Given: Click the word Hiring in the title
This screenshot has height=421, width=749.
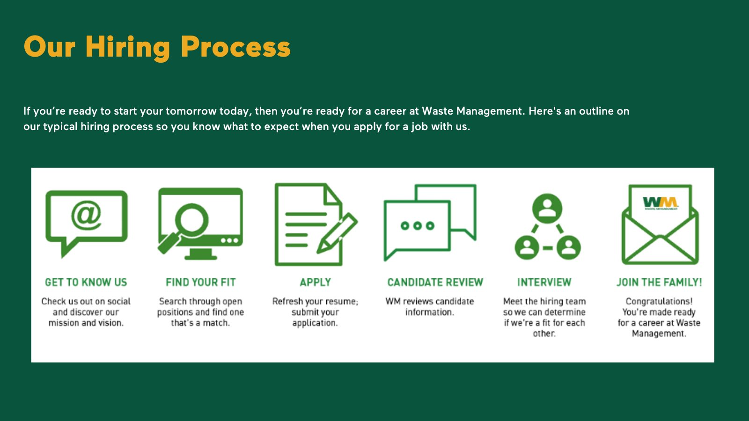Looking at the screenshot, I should pyautogui.click(x=128, y=48).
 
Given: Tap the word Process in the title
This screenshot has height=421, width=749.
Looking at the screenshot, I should pyautogui.click(x=235, y=48).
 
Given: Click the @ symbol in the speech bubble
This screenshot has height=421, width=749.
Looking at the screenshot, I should pyautogui.click(x=86, y=215).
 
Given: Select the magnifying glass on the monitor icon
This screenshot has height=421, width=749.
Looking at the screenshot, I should pyautogui.click(x=191, y=219).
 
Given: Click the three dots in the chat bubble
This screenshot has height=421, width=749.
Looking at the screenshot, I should pyautogui.click(x=417, y=226).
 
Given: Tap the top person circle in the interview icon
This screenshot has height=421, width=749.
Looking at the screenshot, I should pyautogui.click(x=547, y=208).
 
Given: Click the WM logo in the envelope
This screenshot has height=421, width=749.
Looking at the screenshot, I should pyautogui.click(x=660, y=203).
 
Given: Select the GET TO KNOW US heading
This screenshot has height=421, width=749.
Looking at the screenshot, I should pyautogui.click(x=86, y=282).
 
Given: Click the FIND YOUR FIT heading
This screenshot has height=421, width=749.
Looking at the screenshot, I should pyautogui.click(x=200, y=282).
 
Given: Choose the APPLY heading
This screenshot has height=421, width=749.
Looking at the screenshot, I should pyautogui.click(x=315, y=282).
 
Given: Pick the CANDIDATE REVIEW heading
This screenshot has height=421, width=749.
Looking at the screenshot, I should pyautogui.click(x=435, y=282).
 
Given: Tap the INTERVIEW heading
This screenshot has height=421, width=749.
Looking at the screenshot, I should pyautogui.click(x=544, y=282).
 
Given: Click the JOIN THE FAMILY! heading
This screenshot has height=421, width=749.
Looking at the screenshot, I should pyautogui.click(x=659, y=282).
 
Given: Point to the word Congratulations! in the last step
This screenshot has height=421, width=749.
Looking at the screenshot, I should pyautogui.click(x=659, y=301).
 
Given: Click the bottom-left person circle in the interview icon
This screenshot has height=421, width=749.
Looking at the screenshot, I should pyautogui.click(x=527, y=247).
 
